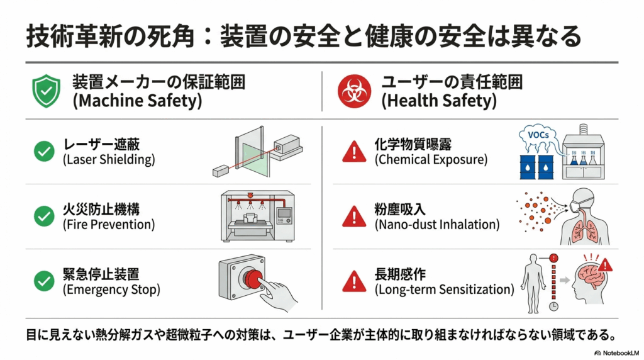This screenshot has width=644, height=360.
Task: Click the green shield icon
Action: tap(47, 91)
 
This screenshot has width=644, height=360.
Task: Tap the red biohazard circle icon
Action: tap(354, 91)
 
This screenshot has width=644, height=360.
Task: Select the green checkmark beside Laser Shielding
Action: tap(45, 151)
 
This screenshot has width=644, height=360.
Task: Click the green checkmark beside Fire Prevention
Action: tap(45, 216)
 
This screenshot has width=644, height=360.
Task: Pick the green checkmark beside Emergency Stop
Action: tap(45, 281)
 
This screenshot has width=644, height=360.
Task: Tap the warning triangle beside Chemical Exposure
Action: tap(354, 151)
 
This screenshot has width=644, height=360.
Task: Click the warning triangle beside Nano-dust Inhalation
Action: tap(354, 216)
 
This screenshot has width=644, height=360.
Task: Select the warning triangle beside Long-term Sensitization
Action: tap(354, 281)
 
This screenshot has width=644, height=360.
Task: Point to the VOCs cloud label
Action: tap(538, 135)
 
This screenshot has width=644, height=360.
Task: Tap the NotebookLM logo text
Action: tap(617, 353)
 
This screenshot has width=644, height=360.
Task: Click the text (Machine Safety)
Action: tap(137, 101)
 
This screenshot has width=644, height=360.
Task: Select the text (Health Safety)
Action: tap(438, 101)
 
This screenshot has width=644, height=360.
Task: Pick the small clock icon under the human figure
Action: tap(553, 307)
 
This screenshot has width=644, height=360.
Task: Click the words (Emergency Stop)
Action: tap(111, 290)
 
